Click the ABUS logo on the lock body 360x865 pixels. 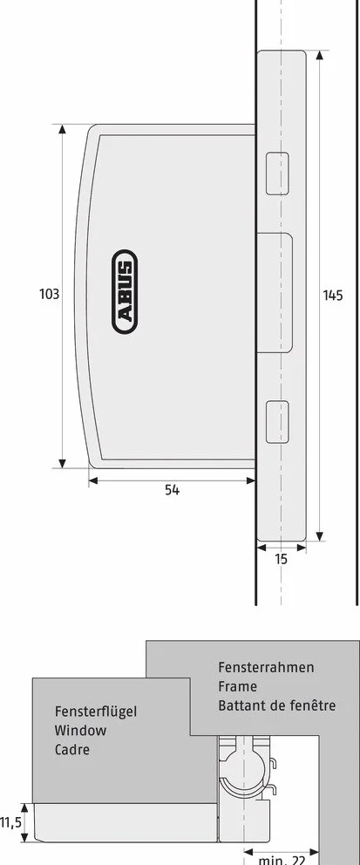[x=124, y=291]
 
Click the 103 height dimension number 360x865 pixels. [x=49, y=294]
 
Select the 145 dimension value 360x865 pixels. [x=332, y=295]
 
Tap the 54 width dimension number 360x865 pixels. [x=172, y=490]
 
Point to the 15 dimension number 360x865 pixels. [x=282, y=560]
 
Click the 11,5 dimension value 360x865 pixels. [x=10, y=823]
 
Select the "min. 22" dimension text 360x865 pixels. [x=282, y=860]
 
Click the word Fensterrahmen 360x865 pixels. [x=266, y=668]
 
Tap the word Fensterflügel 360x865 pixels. [x=95, y=712]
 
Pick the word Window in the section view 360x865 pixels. [x=80, y=731]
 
